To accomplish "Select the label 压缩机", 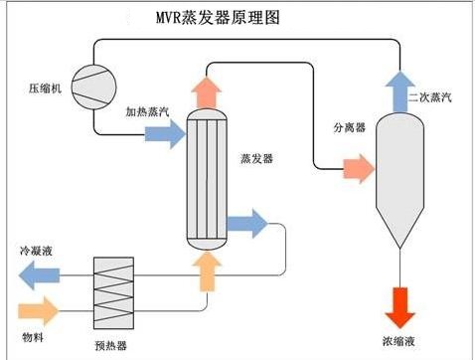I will tap(45, 89).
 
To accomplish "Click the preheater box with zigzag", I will tap(111, 288).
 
